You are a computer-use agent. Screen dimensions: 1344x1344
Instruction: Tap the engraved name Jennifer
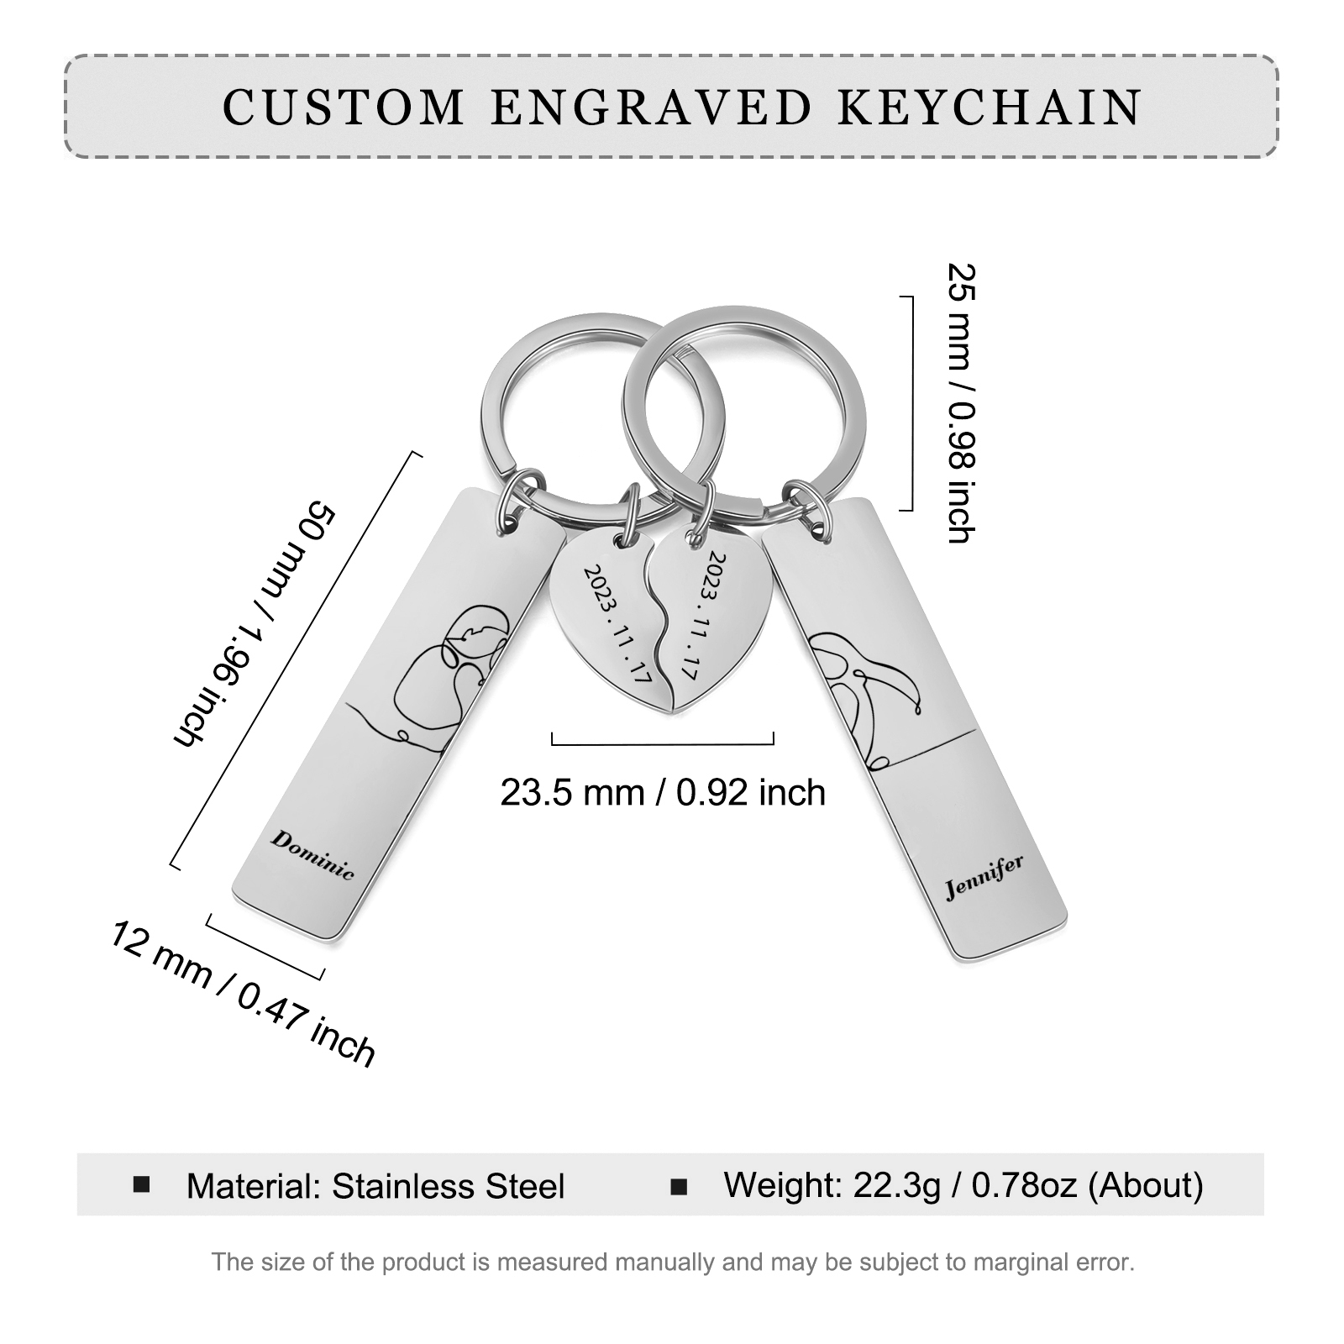tap(984, 876)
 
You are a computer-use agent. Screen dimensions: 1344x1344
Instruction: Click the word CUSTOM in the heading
tap(344, 108)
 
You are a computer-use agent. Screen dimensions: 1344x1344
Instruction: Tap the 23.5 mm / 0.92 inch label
tap(663, 792)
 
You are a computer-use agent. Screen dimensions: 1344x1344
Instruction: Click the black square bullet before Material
tap(142, 1184)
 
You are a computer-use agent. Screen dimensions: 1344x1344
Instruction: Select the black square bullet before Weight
tap(679, 1186)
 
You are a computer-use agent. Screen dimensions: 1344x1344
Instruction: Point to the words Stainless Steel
tap(449, 1186)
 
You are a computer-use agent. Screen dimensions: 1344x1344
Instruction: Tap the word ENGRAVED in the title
tap(651, 108)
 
